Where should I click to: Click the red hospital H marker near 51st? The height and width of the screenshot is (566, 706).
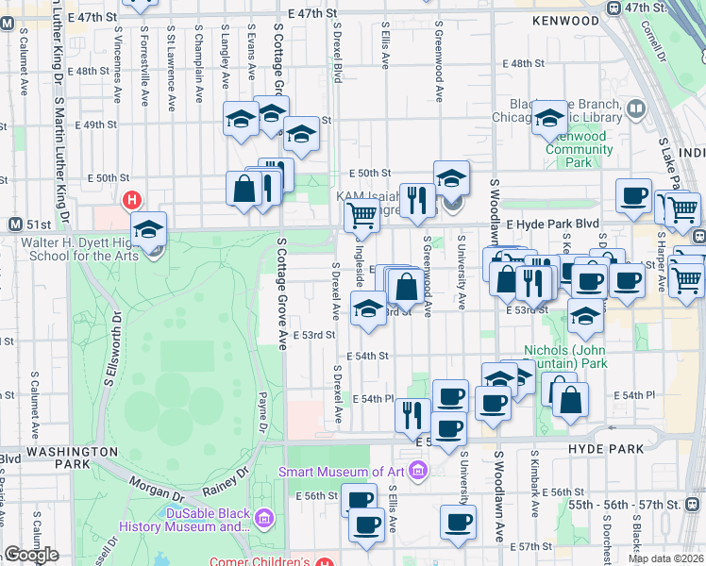(132, 200)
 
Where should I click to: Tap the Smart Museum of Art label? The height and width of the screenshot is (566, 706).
(346, 472)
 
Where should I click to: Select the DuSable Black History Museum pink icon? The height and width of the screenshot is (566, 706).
(263, 518)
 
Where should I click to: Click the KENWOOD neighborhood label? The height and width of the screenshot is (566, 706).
(565, 20)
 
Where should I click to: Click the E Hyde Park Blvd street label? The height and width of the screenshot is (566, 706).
(552, 225)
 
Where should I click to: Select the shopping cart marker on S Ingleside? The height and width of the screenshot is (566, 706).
(361, 216)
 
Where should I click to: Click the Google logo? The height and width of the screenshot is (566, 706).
(31, 555)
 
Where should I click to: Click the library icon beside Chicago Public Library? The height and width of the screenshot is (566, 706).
(635, 109)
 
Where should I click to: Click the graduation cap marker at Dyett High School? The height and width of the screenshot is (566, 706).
(149, 229)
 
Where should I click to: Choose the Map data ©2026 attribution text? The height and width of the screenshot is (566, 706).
(665, 558)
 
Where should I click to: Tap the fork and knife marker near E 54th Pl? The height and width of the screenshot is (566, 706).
(412, 413)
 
